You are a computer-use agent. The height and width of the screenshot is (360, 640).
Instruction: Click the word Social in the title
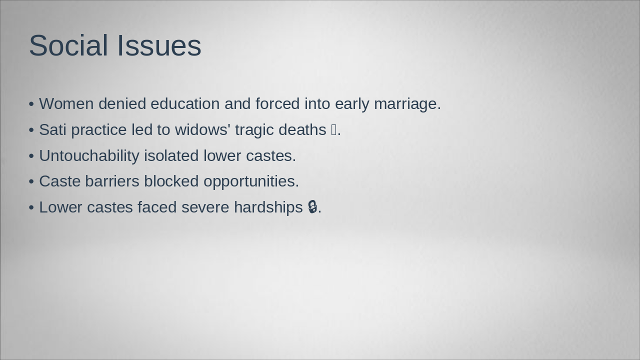click(69, 45)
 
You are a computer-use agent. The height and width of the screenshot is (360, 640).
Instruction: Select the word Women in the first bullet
click(66, 103)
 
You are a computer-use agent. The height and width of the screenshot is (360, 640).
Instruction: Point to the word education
click(185, 103)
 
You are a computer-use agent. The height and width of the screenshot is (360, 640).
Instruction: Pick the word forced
click(277, 103)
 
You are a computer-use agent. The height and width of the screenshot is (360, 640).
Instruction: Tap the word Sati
click(52, 129)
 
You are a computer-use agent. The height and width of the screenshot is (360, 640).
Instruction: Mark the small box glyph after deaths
click(334, 130)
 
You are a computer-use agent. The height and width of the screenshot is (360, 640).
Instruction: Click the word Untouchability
click(89, 155)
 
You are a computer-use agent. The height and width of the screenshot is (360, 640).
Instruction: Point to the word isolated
click(171, 155)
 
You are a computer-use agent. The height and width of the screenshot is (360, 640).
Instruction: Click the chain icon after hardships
click(312, 207)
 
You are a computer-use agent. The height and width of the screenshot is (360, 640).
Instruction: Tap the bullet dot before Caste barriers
click(31, 181)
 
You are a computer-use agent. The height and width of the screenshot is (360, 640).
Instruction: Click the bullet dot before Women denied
click(31, 104)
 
